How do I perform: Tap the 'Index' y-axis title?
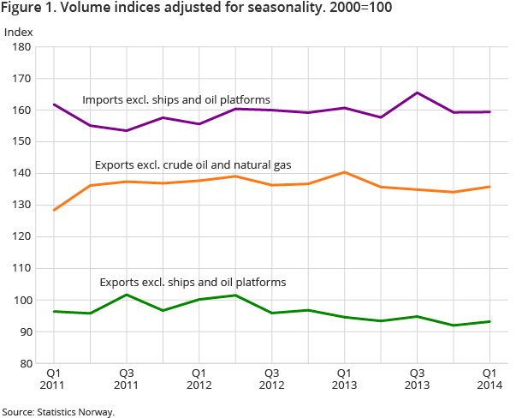(x=18, y=33)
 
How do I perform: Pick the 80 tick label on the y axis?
(x=24, y=364)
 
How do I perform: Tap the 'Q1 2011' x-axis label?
(x=52, y=379)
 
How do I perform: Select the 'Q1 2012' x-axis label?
(x=199, y=379)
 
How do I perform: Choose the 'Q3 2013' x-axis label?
(x=417, y=379)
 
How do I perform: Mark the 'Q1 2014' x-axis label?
(x=489, y=379)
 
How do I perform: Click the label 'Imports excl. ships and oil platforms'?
(x=176, y=100)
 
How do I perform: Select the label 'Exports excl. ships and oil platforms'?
(x=193, y=282)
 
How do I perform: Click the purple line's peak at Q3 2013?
(x=418, y=93)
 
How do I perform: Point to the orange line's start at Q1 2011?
(x=53, y=210)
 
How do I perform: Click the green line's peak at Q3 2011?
(x=126, y=295)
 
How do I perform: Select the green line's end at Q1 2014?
(x=489, y=321)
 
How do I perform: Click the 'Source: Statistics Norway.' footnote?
(x=57, y=412)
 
